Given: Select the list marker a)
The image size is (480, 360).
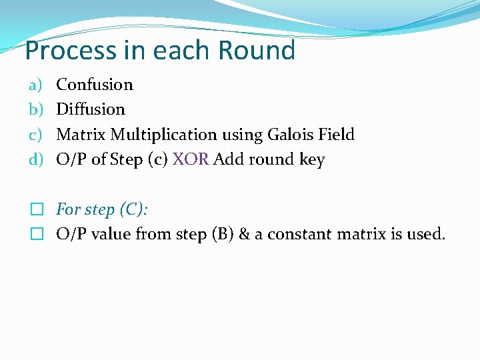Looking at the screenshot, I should pos(35,85).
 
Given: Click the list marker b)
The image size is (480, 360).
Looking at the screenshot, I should pos(35,109).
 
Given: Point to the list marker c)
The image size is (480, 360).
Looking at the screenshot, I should pos(35,135).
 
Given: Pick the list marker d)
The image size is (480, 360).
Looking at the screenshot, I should pos(35,160).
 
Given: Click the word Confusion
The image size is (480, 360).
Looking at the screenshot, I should pos(95,85).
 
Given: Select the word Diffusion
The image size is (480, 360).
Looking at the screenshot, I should pos(91,109).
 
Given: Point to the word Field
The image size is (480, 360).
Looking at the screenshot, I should pos(337,135).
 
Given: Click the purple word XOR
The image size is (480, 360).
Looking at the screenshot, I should pos(191,160).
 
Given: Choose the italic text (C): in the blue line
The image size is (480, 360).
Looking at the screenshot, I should pos(133,209).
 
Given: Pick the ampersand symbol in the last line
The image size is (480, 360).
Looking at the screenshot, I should pos(243,235).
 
